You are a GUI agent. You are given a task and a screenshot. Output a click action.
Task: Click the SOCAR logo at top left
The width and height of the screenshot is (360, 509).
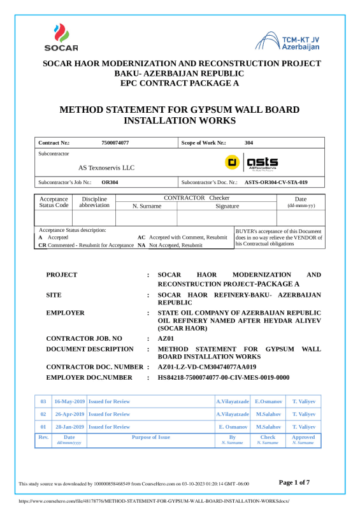61,37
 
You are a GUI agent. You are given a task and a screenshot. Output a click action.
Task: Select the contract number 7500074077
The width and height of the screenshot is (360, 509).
115,143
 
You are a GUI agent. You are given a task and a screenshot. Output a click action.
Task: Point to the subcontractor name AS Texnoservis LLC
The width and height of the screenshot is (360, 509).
106,168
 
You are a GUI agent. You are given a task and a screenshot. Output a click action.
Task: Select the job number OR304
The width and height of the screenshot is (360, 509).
110,182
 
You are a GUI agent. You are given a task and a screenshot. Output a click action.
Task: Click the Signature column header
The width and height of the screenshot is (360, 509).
227,206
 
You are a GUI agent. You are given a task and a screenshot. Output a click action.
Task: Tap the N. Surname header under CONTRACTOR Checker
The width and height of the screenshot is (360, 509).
147,206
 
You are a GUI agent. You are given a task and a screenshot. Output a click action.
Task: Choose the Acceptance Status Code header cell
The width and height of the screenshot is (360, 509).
54,202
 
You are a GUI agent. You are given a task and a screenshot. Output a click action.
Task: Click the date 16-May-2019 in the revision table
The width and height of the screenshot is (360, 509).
69,402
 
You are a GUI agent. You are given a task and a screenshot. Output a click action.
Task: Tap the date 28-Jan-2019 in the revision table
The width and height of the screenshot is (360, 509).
69,426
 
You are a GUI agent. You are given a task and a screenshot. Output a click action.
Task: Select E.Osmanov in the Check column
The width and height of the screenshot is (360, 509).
268,402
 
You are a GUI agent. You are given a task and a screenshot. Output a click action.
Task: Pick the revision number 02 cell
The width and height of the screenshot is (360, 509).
43,414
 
